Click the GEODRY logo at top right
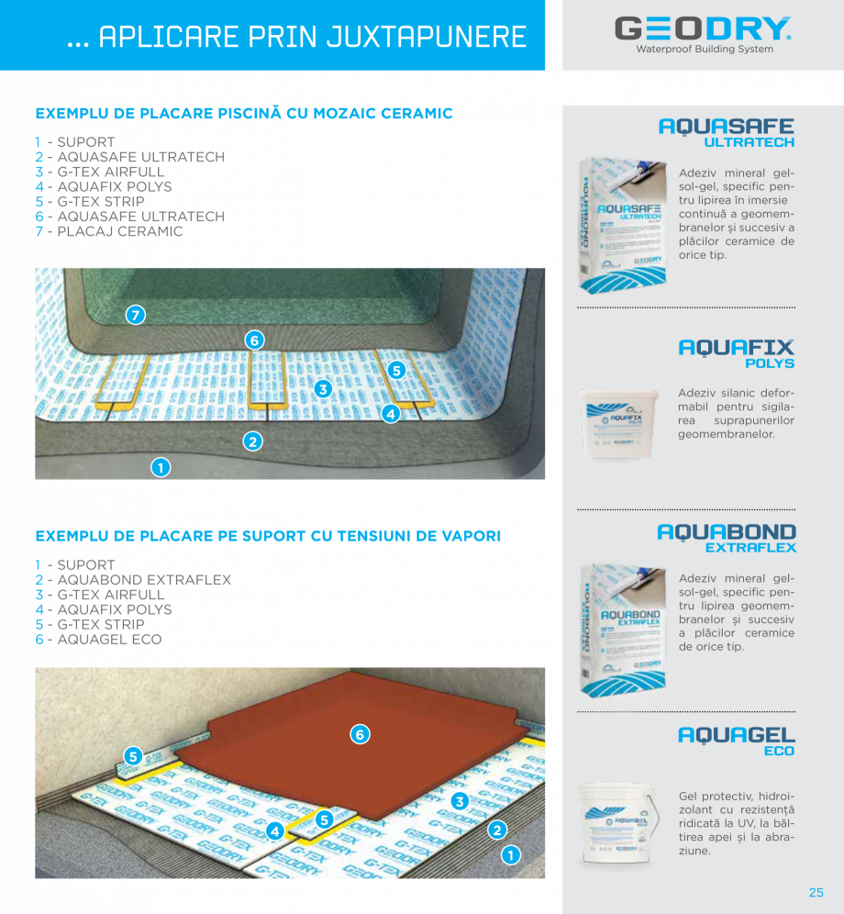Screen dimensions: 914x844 tap(703, 32)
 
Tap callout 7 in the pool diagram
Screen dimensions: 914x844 tap(136, 316)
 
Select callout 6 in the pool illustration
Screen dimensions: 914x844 tap(255, 340)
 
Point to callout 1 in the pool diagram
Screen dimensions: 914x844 tap(160, 468)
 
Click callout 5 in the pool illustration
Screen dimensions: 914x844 tap(396, 371)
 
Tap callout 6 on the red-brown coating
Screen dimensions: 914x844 tap(360, 733)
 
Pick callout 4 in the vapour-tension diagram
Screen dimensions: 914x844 tap(274, 831)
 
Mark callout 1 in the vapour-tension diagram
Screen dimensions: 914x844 tap(510, 855)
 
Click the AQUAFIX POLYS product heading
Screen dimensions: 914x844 tap(736, 353)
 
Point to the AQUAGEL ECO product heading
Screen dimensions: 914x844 tap(736, 741)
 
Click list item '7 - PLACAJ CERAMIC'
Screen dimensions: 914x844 tap(109, 231)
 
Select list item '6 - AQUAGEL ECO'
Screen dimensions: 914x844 tap(98, 639)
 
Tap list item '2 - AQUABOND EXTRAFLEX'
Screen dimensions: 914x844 tap(133, 580)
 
